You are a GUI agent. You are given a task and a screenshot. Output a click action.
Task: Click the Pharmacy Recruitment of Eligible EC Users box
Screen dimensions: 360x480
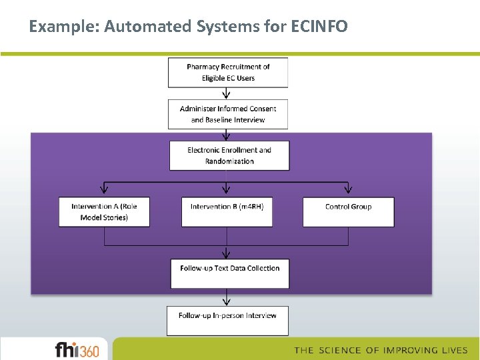coord(228,73)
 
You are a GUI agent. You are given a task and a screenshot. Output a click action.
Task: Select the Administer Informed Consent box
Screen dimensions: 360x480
coord(228,114)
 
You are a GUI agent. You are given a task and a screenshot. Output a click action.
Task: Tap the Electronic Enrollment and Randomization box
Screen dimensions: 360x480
coord(229,155)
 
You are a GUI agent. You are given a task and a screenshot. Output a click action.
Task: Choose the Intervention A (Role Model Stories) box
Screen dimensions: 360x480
coord(104,212)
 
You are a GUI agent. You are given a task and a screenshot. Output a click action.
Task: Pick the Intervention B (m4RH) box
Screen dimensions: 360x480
coord(227,212)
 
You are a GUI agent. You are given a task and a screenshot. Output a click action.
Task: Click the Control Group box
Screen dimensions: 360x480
coord(348,212)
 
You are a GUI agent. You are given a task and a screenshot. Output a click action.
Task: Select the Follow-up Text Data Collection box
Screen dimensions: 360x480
coord(229,273)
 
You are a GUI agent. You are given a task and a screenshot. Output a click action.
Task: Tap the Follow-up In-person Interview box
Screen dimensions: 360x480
coord(227,320)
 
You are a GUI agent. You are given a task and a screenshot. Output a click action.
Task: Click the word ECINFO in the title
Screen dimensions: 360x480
coord(319,27)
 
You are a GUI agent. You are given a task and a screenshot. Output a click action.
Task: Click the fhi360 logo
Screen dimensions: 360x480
coord(77,349)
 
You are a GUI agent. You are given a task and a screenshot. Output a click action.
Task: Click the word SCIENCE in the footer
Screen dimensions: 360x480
coord(341,350)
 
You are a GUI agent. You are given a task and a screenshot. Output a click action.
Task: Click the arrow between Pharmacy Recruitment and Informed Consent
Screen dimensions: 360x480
coord(227,93)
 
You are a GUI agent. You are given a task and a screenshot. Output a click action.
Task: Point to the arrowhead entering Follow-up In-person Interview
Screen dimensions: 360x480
coord(227,301)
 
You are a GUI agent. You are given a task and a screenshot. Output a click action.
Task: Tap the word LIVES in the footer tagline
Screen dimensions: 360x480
coord(453,350)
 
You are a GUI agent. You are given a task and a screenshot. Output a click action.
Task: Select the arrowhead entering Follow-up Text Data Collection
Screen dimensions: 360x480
coord(227,254)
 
